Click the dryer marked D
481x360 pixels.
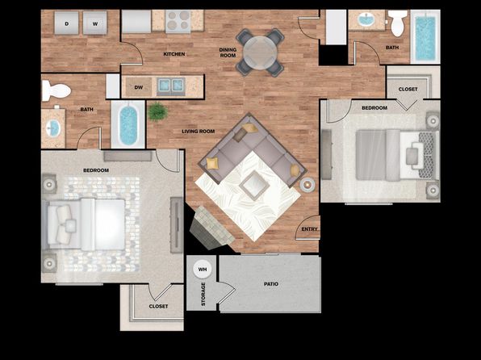(x=66, y=23)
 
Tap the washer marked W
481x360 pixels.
(x=94, y=23)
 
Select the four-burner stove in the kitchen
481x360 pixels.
(x=178, y=21)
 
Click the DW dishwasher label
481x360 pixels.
(x=139, y=87)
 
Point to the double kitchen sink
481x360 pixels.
(x=171, y=86)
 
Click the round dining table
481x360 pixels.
(x=260, y=52)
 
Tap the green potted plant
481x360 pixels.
(x=157, y=111)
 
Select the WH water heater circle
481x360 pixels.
(x=202, y=270)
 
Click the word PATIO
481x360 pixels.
(x=271, y=284)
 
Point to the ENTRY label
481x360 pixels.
(x=309, y=229)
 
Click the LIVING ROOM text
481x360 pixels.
(x=199, y=132)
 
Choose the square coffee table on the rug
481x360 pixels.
(x=254, y=185)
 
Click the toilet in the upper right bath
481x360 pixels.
(x=398, y=23)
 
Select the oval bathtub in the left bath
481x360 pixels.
(x=128, y=125)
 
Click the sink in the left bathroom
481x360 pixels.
(x=53, y=128)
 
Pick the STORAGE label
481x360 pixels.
(x=203, y=294)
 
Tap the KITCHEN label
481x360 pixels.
(x=174, y=54)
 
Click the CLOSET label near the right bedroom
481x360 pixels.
(x=408, y=89)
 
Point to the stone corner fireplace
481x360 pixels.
(x=211, y=228)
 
